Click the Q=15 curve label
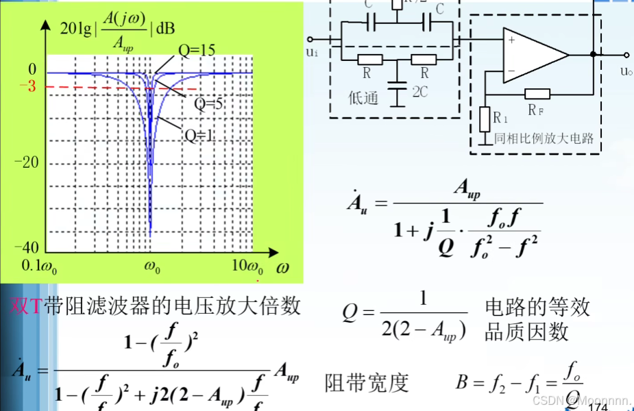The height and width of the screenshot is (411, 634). (x=197, y=50)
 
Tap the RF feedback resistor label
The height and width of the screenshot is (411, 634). (x=537, y=109)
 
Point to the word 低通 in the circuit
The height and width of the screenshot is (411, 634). (x=363, y=99)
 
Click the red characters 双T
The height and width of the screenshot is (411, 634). (x=26, y=306)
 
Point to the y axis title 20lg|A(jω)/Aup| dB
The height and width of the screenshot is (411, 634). (x=117, y=27)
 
